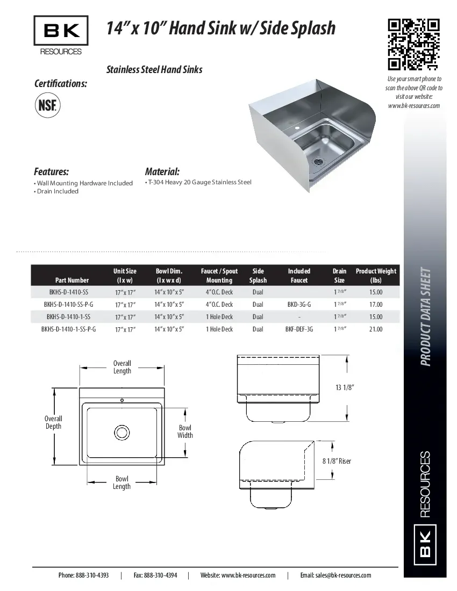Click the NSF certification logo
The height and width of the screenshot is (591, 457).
click(x=47, y=104)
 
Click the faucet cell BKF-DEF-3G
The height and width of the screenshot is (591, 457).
click(x=299, y=329)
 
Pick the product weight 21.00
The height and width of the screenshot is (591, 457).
click(x=376, y=329)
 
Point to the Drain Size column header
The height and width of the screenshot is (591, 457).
click(x=339, y=276)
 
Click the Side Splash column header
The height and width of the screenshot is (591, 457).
click(x=258, y=276)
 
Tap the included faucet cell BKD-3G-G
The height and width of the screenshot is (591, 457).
click(x=299, y=304)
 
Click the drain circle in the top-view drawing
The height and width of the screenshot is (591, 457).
click(x=122, y=432)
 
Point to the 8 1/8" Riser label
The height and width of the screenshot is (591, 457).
click(x=337, y=461)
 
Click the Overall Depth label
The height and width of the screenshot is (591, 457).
click(x=53, y=422)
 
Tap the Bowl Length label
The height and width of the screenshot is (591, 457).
click(x=122, y=482)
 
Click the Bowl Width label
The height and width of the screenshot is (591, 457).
click(x=185, y=431)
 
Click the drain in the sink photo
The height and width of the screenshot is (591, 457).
click(x=318, y=160)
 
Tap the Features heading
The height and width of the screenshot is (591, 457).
click(x=52, y=172)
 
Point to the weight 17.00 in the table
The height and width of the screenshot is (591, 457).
click(x=376, y=304)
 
